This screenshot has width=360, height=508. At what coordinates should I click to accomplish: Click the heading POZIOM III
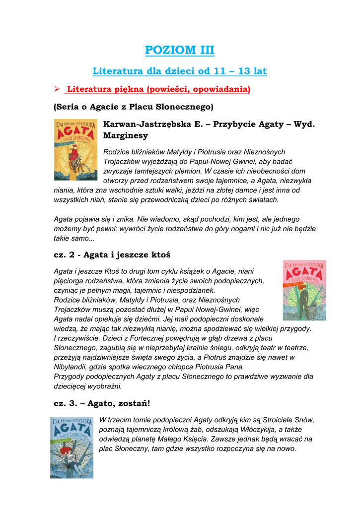(180, 50)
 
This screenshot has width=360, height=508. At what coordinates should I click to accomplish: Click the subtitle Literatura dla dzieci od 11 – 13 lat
(180, 71)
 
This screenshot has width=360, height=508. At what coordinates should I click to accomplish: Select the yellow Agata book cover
(75, 149)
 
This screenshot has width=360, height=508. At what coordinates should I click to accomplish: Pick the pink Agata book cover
(304, 290)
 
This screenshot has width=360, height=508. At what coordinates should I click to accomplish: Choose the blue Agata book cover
(72, 447)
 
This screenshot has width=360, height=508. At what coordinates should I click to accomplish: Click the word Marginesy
(125, 135)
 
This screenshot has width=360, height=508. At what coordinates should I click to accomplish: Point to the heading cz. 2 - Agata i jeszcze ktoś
(112, 254)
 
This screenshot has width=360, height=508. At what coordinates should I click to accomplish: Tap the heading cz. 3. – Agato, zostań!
(101, 403)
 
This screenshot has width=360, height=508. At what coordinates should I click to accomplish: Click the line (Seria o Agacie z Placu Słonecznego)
(133, 107)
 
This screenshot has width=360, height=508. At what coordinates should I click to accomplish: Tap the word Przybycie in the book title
(233, 124)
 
